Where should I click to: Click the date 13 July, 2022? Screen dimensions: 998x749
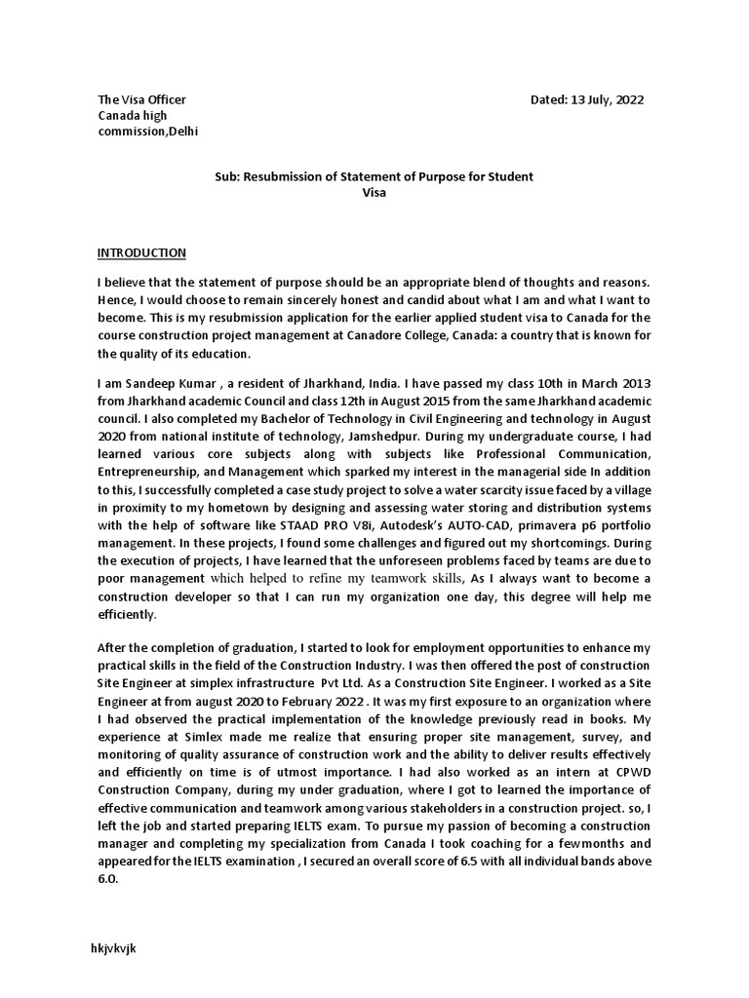tap(605, 100)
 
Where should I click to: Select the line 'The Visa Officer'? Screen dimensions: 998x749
tap(141, 100)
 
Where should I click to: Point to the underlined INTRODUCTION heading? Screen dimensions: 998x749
tap(141, 253)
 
